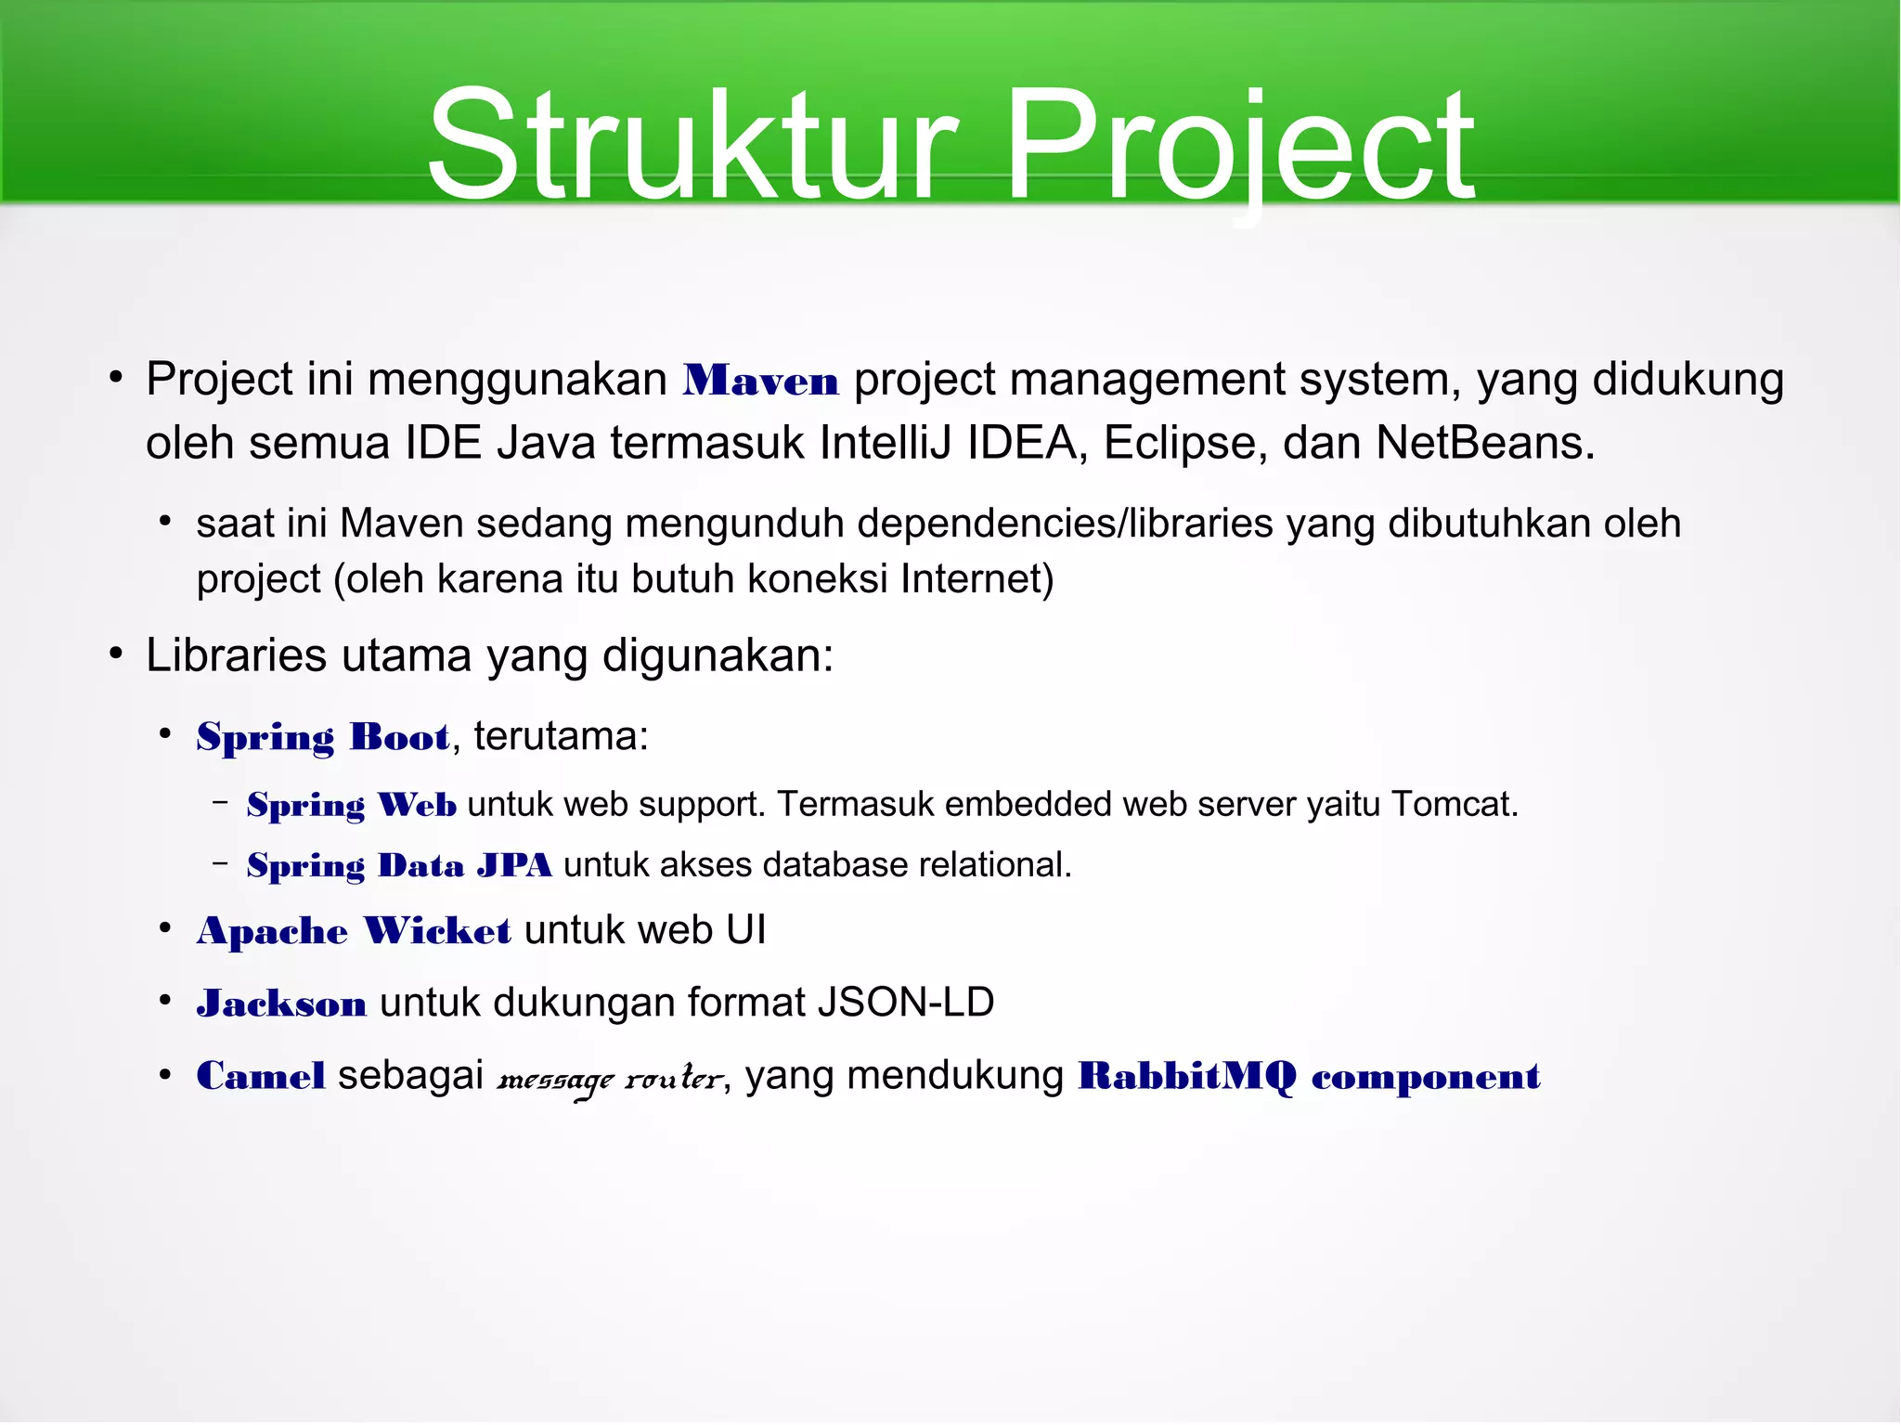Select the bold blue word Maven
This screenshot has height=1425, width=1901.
click(760, 382)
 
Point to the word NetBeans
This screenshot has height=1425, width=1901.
click(1483, 443)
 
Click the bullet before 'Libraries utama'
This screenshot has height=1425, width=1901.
click(115, 654)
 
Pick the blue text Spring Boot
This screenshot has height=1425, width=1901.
click(323, 737)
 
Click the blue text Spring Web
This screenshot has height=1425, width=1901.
click(351, 805)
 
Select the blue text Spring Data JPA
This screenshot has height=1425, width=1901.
click(399, 865)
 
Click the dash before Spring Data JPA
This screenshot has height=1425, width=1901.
click(220, 864)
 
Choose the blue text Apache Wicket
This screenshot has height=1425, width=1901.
click(353, 931)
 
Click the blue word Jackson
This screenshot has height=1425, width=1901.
click(281, 1004)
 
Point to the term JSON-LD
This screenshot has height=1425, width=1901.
click(905, 1003)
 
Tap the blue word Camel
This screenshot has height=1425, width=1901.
click(261, 1077)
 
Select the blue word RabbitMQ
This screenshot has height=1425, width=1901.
click(1186, 1077)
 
